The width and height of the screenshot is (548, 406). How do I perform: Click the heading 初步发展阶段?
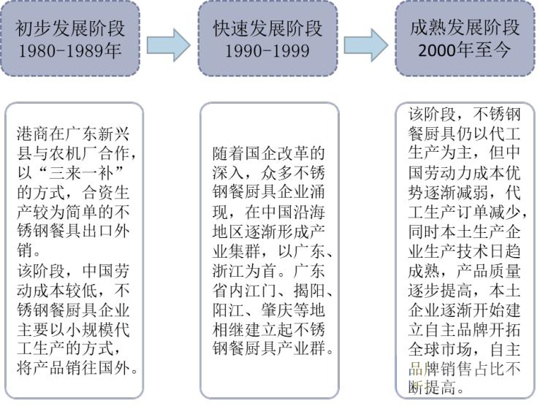point(70,28)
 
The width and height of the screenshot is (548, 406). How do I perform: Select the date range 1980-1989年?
point(70,52)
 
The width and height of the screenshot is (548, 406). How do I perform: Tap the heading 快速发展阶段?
point(267,28)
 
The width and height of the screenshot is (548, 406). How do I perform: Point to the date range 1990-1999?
point(267,52)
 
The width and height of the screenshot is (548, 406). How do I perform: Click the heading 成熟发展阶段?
point(465,28)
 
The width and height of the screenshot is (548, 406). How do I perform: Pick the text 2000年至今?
point(465,51)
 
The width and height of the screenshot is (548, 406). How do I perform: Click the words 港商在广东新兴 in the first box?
point(76,135)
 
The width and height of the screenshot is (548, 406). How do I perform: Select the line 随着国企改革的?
point(268,155)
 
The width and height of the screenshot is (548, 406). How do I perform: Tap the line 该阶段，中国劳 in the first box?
point(76,270)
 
